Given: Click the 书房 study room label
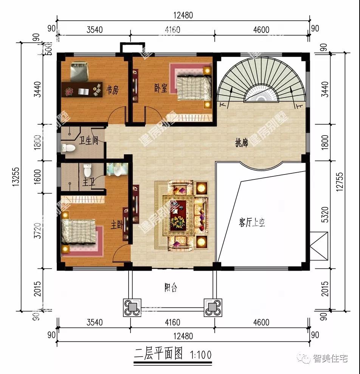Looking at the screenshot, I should (112, 90).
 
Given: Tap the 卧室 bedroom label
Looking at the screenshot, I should (161, 88).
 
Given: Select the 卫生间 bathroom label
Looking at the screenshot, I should (89, 141).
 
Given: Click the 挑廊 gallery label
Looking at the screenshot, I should (242, 143).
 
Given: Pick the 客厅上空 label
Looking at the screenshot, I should (252, 222).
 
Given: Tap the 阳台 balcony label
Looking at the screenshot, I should (171, 288).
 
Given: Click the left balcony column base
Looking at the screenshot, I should (132, 307).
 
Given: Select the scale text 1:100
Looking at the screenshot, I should (200, 355).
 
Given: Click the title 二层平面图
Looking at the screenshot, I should (158, 355).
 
